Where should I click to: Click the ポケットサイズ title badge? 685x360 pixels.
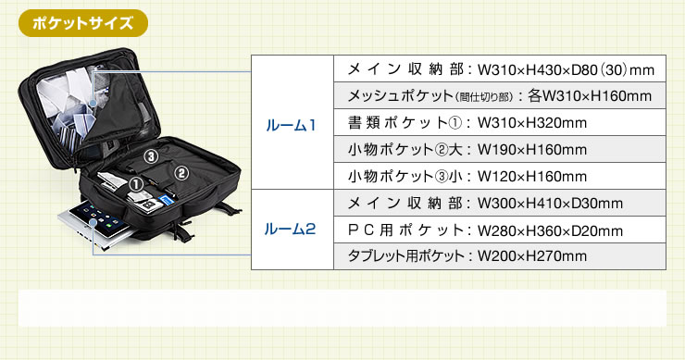pyautogui.click(x=83, y=23)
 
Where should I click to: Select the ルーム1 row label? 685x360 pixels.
pyautogui.click(x=291, y=126)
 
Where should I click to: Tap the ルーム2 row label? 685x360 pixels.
pyautogui.click(x=290, y=229)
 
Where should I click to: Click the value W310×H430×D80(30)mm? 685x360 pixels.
pyautogui.click(x=567, y=70)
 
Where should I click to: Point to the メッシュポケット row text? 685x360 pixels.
pyautogui.click(x=499, y=96)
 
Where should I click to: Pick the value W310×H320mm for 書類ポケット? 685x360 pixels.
pyautogui.click(x=532, y=123)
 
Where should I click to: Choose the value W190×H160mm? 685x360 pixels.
pyautogui.click(x=532, y=150)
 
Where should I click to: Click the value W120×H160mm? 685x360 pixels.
pyautogui.click(x=532, y=177)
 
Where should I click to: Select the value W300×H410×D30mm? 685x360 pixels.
pyautogui.click(x=551, y=204)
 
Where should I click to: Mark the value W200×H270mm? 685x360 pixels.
pyautogui.click(x=532, y=256)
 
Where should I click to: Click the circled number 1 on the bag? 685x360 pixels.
pyautogui.click(x=136, y=184)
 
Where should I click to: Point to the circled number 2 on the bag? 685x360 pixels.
pyautogui.click(x=181, y=173)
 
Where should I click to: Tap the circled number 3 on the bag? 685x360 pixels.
pyautogui.click(x=151, y=156)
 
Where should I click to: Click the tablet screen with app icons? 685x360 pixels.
pyautogui.click(x=98, y=216)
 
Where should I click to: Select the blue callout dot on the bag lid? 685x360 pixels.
pyautogui.click(x=93, y=103)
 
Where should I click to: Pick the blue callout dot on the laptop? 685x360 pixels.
pyautogui.click(x=93, y=223)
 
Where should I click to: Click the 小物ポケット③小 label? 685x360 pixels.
pyautogui.click(x=405, y=177)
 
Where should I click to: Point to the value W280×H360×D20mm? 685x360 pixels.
pyautogui.click(x=551, y=230)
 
